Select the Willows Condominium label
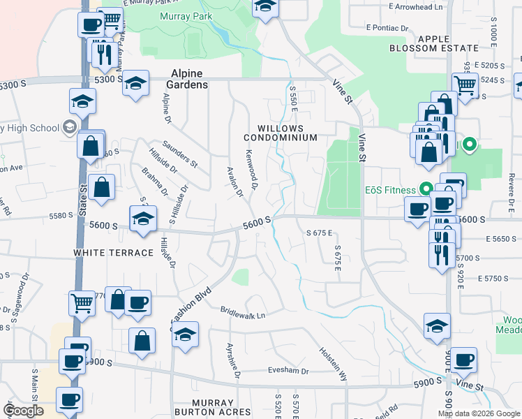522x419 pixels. pos(281,133)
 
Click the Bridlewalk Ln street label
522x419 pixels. pos(243,315)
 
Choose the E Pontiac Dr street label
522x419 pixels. pos(387,28)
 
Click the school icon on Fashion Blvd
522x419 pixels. pos(185,335)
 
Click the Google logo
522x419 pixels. pos(24,411)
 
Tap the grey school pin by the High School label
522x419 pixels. pos(69,127)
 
